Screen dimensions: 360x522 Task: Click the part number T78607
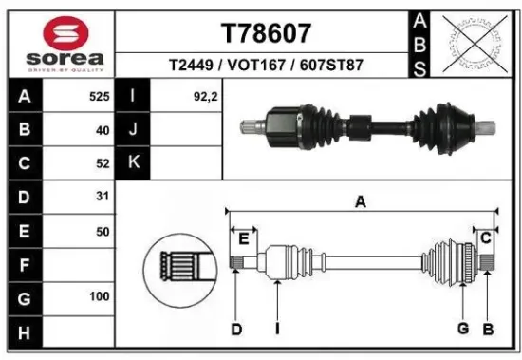[x=266, y=33]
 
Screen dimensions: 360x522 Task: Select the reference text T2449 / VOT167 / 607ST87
[x=266, y=66]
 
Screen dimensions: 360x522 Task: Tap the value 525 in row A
[x=99, y=97]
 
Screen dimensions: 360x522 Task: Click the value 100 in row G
[x=99, y=297]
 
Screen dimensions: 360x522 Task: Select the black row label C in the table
[x=23, y=163]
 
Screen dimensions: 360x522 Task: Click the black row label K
[x=133, y=163]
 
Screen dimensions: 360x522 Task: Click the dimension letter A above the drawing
[x=361, y=201]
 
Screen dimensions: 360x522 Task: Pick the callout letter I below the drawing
[x=277, y=329]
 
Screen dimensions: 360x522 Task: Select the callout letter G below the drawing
[x=463, y=329]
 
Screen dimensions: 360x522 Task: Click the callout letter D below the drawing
[x=235, y=329]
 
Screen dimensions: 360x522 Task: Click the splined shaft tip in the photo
[x=250, y=125]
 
